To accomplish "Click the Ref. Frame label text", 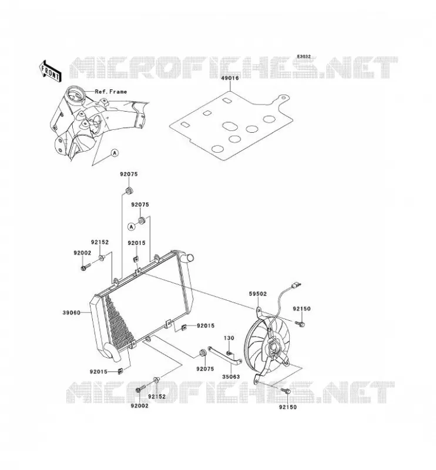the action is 111,92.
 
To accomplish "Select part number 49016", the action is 230,78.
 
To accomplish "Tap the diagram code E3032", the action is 304,56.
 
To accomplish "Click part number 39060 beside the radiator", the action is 71,313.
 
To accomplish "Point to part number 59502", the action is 257,294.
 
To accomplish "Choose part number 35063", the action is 231,377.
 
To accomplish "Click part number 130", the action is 229,338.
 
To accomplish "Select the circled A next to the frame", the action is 115,153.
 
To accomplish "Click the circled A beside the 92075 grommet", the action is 132,227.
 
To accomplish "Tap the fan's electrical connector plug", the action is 296,285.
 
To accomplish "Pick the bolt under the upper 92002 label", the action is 85,267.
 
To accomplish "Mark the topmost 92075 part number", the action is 129,174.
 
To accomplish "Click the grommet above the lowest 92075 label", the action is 203,353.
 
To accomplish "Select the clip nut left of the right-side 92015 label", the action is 184,327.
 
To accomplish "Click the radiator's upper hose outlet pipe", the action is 187,257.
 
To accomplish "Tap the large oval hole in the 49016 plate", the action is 230,126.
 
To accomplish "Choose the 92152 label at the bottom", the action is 156,397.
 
